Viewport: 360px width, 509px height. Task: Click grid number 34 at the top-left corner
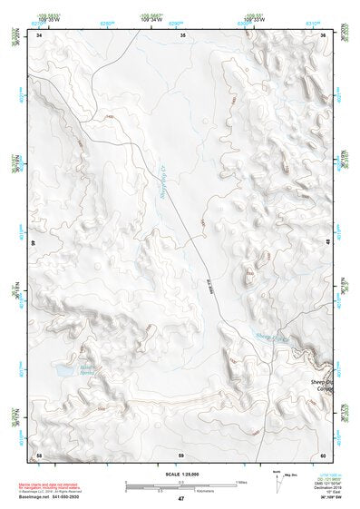click(39, 35)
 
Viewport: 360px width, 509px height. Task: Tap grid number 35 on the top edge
click(183, 35)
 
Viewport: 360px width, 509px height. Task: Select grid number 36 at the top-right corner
click(325, 35)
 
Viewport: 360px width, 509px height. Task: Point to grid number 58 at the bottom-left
click(39, 455)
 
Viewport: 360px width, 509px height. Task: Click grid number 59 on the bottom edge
click(181, 455)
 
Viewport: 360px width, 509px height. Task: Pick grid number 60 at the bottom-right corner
click(324, 455)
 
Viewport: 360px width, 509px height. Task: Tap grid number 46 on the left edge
click(35, 243)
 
